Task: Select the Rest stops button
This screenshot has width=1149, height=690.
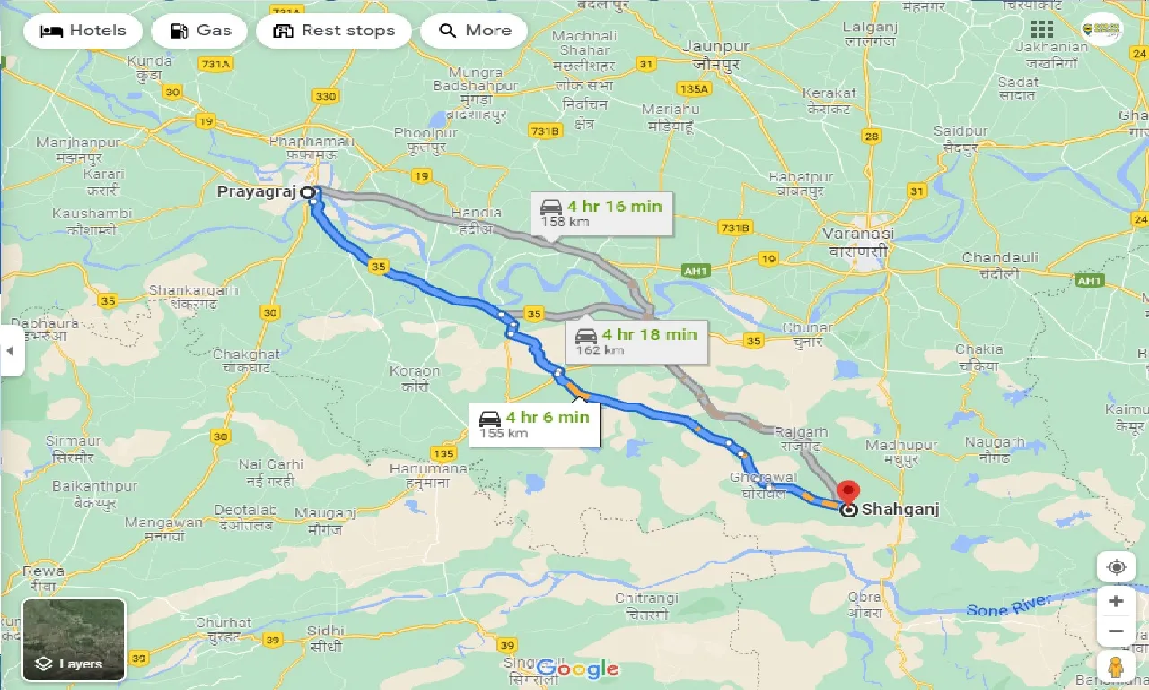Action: (333, 31)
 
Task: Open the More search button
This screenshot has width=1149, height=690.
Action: (474, 31)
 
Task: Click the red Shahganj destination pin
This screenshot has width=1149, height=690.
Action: (846, 492)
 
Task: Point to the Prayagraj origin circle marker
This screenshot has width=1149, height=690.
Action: (307, 192)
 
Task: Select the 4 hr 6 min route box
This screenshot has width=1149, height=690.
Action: (534, 423)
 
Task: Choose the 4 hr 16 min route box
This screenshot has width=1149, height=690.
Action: (601, 212)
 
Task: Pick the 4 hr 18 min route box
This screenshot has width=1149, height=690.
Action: (636, 341)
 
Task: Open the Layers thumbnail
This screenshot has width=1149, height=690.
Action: (74, 639)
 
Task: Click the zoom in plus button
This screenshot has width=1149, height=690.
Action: (1116, 601)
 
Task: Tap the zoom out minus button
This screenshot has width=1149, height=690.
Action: (1116, 632)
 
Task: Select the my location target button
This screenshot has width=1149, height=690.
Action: (1116, 567)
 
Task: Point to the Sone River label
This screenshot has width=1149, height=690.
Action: (1009, 606)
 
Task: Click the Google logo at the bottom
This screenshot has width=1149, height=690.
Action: (577, 668)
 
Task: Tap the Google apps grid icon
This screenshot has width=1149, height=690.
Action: (1042, 29)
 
